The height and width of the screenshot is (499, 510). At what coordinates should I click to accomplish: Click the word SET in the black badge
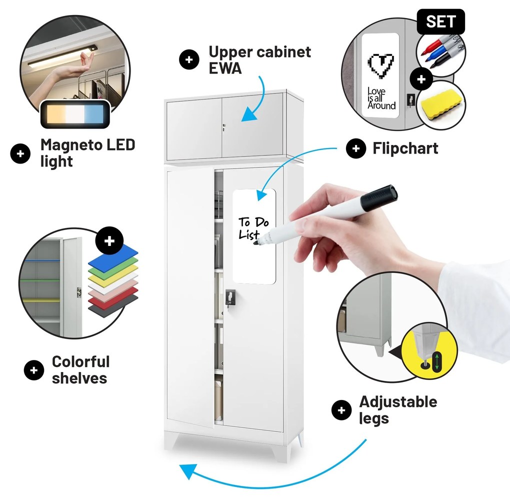click(x=441, y=22)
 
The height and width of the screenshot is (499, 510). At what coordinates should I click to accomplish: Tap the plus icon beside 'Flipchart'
click(x=356, y=148)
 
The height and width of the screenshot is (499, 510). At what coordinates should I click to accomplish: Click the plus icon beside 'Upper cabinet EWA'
click(x=189, y=60)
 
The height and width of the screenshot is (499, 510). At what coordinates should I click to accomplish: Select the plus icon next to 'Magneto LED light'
click(x=20, y=153)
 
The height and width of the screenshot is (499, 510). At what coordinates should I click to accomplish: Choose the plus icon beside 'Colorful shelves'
click(x=34, y=370)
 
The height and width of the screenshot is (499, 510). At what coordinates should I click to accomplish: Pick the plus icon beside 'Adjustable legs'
click(x=341, y=410)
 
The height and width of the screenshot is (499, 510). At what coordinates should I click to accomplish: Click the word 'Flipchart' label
click(x=405, y=148)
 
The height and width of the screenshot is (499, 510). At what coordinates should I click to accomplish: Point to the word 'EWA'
click(x=225, y=68)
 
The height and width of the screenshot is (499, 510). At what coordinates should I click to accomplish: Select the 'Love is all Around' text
click(x=381, y=98)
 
